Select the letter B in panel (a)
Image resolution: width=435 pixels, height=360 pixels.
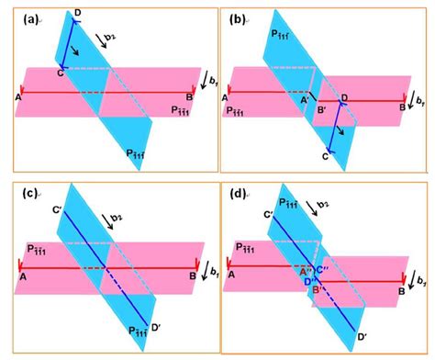point(188,104)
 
